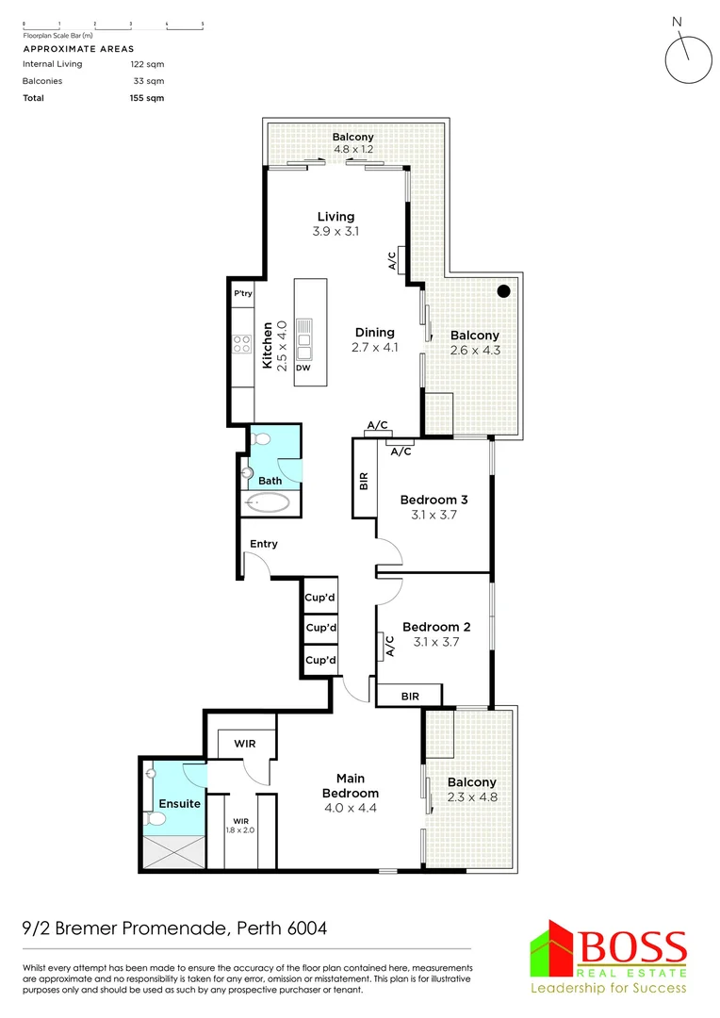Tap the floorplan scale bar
[113, 23]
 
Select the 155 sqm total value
[147, 98]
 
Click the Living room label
[335, 217]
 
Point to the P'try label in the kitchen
[243, 294]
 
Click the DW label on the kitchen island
[303, 368]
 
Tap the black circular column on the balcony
[505, 290]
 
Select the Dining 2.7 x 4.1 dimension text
[374, 347]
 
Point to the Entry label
[264, 544]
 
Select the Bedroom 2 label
[435, 627]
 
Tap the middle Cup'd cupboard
[320, 628]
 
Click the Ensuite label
[179, 804]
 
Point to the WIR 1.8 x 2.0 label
[240, 827]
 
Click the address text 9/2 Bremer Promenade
[175, 928]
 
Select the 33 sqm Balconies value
[150, 81]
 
